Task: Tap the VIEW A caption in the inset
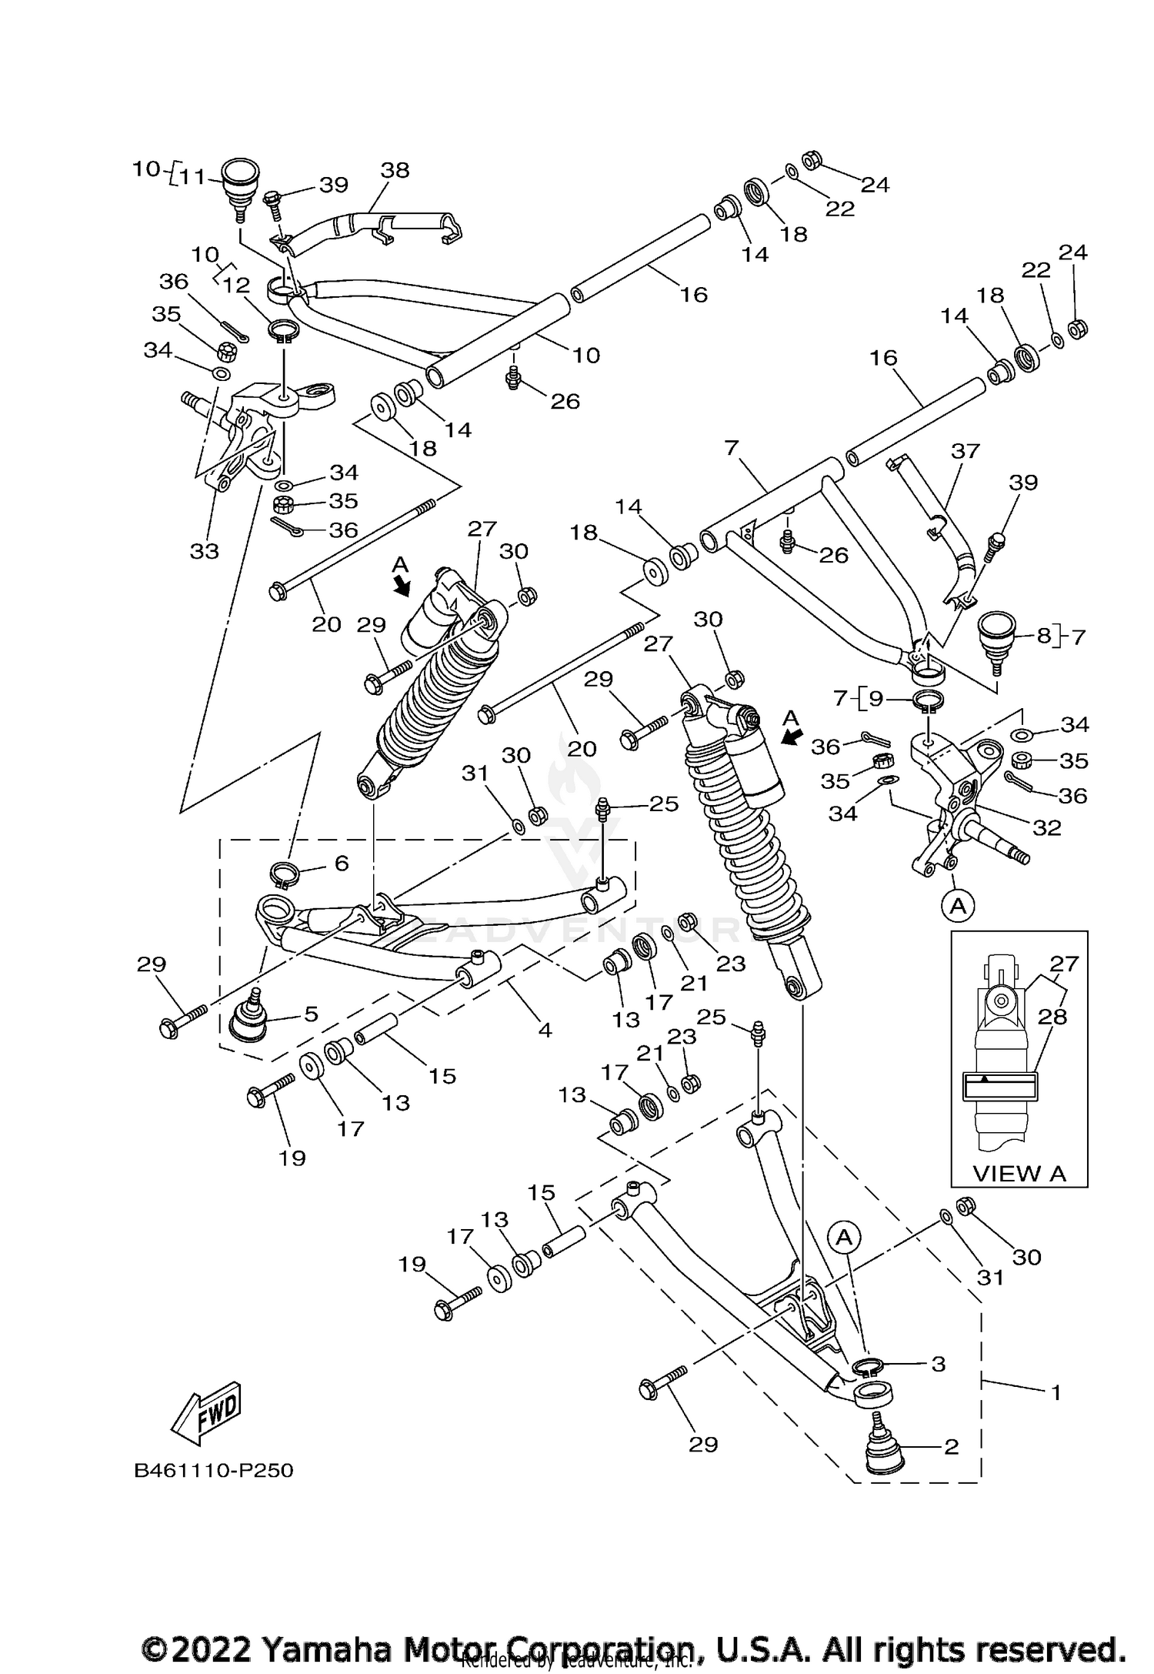[1019, 1174]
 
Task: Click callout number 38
[395, 170]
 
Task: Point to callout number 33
[205, 550]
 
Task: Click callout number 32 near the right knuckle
[1047, 827]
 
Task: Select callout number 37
[966, 450]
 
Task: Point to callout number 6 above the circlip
[341, 863]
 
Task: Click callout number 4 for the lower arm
[545, 1029]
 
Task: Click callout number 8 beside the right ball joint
[1043, 637]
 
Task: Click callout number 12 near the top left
[236, 286]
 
